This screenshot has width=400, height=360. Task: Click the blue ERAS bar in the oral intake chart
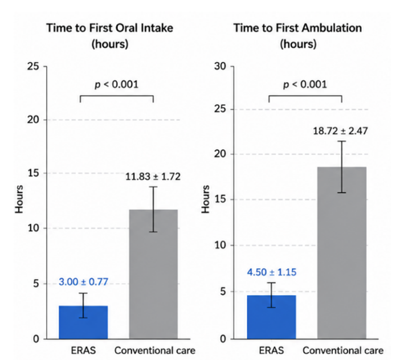pyautogui.click(x=83, y=322)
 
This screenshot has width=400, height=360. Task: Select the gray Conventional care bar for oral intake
pyautogui.click(x=153, y=275)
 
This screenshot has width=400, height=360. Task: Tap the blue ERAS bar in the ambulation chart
pyautogui.click(x=271, y=317)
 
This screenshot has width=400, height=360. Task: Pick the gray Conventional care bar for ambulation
pyautogui.click(x=342, y=253)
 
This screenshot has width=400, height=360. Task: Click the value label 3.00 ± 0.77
pyautogui.click(x=83, y=282)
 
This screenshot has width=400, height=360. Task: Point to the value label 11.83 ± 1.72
pyautogui.click(x=153, y=177)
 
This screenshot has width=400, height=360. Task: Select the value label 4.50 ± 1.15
pyautogui.click(x=272, y=272)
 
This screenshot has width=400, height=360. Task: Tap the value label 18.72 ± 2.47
pyautogui.click(x=340, y=131)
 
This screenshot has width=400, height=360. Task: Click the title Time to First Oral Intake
pyautogui.click(x=110, y=28)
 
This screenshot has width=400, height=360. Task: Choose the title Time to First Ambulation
pyautogui.click(x=297, y=28)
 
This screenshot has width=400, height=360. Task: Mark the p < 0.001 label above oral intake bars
pyautogui.click(x=117, y=84)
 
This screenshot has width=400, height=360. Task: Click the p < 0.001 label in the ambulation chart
pyautogui.click(x=305, y=84)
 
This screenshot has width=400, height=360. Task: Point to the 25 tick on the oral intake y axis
pyautogui.click(x=33, y=66)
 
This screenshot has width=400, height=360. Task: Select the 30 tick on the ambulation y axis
pyautogui.click(x=221, y=66)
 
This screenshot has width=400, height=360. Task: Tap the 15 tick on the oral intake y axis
pyautogui.click(x=33, y=173)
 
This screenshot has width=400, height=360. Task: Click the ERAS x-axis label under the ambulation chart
pyautogui.click(x=271, y=350)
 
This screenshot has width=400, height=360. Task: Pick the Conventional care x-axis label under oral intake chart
pyautogui.click(x=155, y=350)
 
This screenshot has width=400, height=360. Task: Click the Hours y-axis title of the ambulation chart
pyautogui.click(x=206, y=199)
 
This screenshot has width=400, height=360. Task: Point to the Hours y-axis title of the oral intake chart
pyautogui.click(x=19, y=199)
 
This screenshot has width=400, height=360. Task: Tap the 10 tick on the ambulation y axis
pyautogui.click(x=221, y=246)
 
